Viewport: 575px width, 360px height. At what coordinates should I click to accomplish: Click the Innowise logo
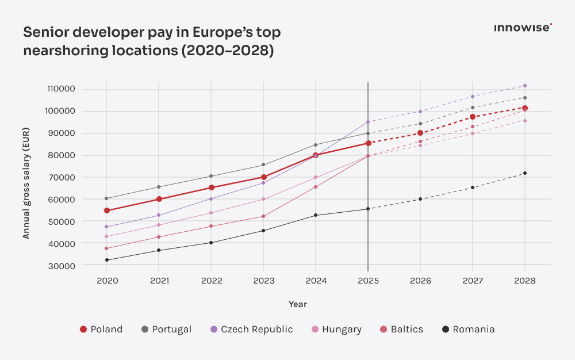point(523,27)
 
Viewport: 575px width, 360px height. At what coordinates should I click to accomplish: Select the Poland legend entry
point(101,330)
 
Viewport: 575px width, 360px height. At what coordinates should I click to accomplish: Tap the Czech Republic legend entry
point(250,330)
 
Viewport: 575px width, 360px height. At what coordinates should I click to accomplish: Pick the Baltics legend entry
point(401,330)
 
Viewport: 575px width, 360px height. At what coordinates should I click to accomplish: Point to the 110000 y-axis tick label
point(62,89)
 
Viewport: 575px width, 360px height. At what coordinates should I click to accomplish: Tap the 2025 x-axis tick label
point(367,281)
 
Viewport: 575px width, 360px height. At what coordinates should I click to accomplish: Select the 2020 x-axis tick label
point(107,281)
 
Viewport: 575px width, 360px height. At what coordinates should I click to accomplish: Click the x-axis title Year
point(298,304)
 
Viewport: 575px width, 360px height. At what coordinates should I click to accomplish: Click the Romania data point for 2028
point(524,173)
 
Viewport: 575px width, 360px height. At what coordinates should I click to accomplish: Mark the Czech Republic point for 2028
point(524,86)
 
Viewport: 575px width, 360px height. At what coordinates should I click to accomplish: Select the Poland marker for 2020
point(107,210)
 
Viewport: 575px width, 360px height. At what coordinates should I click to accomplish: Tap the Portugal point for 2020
point(107,198)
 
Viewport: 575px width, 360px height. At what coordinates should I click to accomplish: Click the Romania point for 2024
point(316,215)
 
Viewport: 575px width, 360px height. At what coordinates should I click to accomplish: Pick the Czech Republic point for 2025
point(367,122)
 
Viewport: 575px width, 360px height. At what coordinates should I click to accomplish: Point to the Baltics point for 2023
point(263,216)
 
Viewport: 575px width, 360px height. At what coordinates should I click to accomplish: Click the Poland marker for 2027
point(473,117)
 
